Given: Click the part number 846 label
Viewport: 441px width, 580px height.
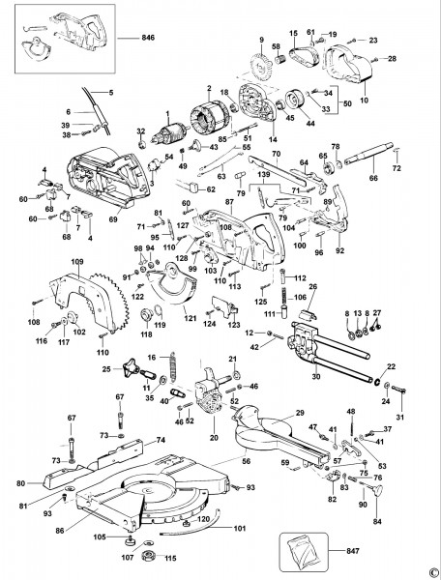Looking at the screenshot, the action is (148, 38).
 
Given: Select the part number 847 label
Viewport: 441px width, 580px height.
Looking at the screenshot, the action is (353, 551).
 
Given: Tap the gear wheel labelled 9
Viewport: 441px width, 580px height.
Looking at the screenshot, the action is (261, 66).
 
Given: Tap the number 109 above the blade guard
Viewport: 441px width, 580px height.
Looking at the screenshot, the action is (77, 262).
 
